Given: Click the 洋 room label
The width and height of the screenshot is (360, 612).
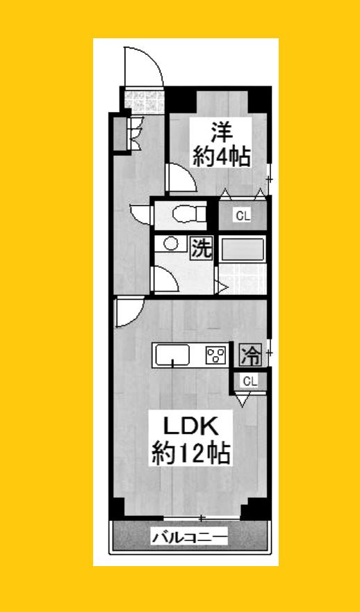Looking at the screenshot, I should pyautogui.click(x=221, y=132).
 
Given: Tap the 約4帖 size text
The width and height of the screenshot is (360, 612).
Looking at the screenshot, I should pyautogui.click(x=222, y=157).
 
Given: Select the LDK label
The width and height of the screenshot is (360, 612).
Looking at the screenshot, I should pyautogui.click(x=191, y=425).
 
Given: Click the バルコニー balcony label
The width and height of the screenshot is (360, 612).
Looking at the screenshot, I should pyautogui.click(x=190, y=537).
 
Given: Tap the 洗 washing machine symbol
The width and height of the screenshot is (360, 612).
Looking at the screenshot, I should pyautogui.click(x=201, y=248).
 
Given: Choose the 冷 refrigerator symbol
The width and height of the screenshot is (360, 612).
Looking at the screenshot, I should pyautogui.click(x=250, y=356).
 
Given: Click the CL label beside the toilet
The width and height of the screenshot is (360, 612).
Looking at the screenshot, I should pyautogui.click(x=242, y=216).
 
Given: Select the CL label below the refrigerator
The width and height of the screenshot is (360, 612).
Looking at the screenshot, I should pyautogui.click(x=250, y=380).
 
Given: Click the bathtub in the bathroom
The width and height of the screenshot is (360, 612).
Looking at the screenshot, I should pyautogui.click(x=243, y=248).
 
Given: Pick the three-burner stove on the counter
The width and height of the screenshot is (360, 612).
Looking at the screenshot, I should pyautogui.click(x=217, y=356).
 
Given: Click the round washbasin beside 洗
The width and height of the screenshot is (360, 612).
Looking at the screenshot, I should pyautogui.click(x=169, y=243).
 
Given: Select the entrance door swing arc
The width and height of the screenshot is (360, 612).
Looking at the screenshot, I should pyautogui.click(x=143, y=66).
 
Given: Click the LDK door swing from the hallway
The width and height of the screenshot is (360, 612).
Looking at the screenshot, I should pyautogui.click(x=129, y=312).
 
